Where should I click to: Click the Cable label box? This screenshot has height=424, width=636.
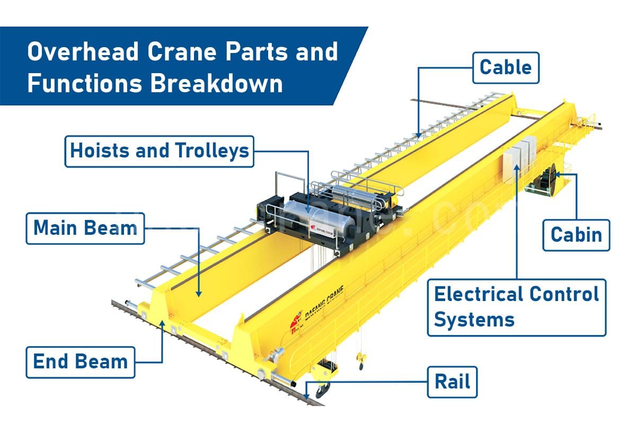point(505,67)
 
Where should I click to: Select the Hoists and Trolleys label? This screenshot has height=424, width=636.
point(159,151)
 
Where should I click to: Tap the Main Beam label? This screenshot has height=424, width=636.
point(85,228)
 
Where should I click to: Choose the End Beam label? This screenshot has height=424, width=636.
point(80,362)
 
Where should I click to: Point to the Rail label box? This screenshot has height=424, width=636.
point(452,382)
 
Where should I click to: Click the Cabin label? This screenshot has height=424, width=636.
point(576,234)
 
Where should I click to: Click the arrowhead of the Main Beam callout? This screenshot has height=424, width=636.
point(199,293)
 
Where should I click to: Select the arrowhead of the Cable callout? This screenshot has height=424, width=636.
point(419,136)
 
